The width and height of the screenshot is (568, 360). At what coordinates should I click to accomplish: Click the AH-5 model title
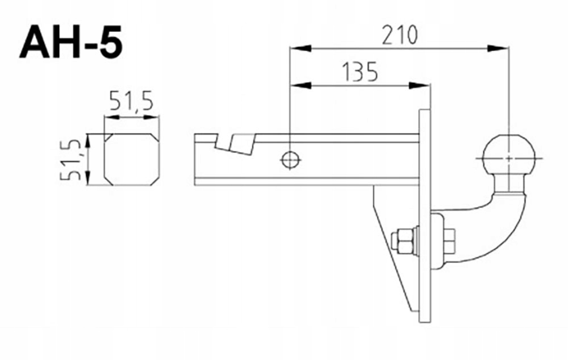[x=70, y=41]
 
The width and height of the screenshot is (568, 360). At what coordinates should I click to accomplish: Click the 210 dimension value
[x=400, y=35]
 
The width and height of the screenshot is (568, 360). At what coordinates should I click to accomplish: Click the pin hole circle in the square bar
[x=290, y=160]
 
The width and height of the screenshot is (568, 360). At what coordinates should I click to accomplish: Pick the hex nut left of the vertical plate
[x=403, y=241]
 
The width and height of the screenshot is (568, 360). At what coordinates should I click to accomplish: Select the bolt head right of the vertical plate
[x=449, y=241]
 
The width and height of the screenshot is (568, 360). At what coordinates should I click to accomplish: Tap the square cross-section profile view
[x=132, y=160]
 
